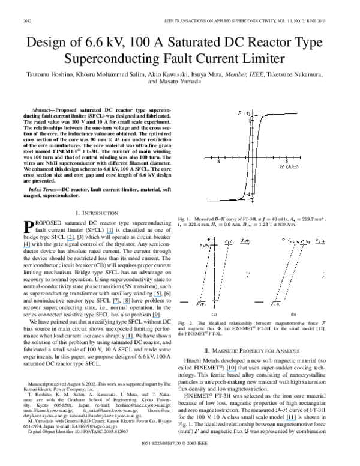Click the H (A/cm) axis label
289,166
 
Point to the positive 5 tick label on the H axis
286,162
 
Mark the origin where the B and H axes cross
253,157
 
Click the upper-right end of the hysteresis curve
296,113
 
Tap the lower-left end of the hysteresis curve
208,201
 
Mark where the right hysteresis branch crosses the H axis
257,157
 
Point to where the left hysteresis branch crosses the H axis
248,157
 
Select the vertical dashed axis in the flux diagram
214,270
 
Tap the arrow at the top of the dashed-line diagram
246,242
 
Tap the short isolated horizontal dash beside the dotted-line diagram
259,302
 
